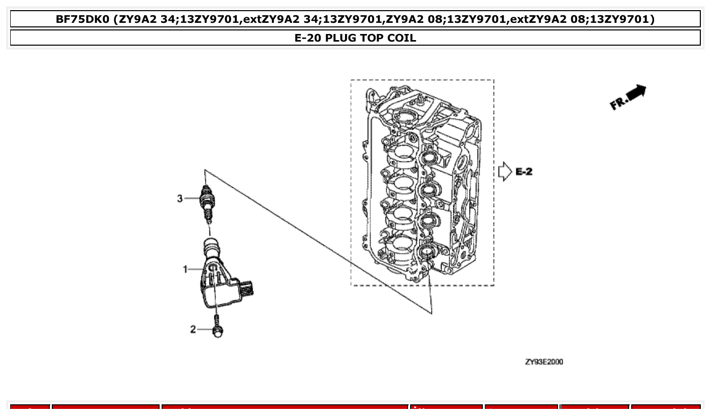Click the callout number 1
(186, 269)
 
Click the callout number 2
(193, 330)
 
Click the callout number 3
(180, 198)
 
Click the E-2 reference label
(524, 172)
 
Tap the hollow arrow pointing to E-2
(505, 171)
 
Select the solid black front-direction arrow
(637, 92)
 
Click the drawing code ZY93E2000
(544, 362)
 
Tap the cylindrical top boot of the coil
(212, 248)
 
